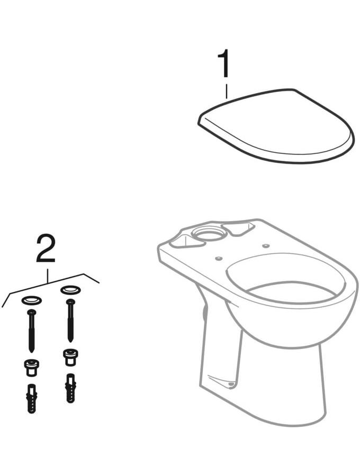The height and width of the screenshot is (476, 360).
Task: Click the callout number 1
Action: tap(224, 64)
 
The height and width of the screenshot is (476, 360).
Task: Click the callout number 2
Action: tap(46, 249)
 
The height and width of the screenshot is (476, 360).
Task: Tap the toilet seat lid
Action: tap(276, 125)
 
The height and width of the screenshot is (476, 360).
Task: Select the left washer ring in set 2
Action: tap(31, 300)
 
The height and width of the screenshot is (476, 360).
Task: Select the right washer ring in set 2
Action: tap(70, 289)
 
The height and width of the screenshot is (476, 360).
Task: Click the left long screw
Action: tap(32, 331)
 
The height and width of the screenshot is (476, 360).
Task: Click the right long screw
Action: tap(70, 321)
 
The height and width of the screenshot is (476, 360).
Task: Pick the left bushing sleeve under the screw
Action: tap(31, 368)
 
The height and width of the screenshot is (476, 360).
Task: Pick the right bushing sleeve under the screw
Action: tap(70, 357)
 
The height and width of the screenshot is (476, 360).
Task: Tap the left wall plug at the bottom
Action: tap(32, 398)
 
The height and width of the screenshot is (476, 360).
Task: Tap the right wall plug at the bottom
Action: tap(70, 388)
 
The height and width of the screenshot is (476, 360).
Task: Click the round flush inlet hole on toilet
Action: tap(209, 233)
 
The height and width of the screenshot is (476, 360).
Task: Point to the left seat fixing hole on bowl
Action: tap(218, 258)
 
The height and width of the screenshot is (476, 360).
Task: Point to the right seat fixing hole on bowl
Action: tap(266, 245)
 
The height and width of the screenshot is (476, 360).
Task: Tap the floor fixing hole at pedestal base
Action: tap(231, 385)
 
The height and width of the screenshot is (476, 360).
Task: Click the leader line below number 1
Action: tap(226, 91)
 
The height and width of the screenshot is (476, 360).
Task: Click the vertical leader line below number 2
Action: tap(47, 276)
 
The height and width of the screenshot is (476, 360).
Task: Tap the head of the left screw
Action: tap(32, 312)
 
